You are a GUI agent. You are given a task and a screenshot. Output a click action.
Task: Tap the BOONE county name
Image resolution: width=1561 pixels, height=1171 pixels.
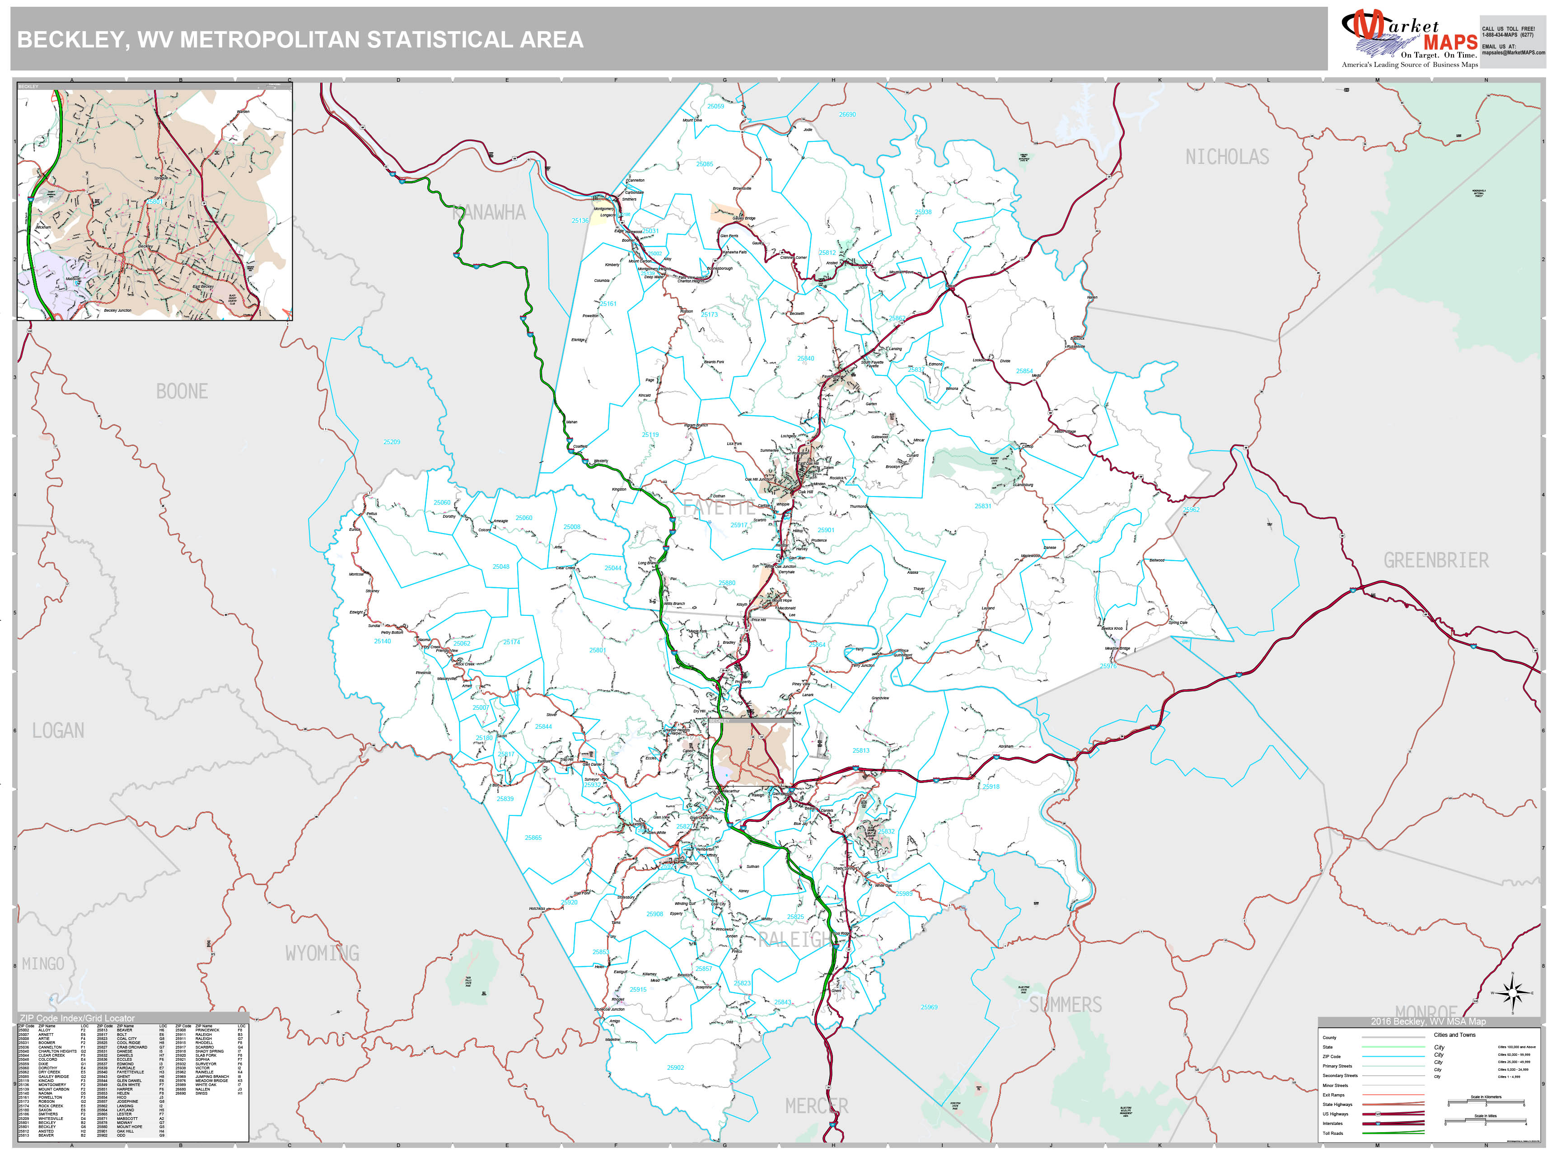182,392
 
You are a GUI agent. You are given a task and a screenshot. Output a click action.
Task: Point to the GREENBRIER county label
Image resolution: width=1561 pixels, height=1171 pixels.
1436,561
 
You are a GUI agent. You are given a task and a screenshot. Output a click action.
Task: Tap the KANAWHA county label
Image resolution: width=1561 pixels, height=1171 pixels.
489,212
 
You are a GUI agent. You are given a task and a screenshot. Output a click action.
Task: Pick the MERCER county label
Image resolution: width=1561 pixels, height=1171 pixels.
817,1106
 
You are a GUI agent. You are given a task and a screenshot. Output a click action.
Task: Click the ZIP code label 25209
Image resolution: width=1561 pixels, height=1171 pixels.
392,442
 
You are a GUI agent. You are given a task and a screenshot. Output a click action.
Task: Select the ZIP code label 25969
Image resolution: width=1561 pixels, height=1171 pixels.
929,1007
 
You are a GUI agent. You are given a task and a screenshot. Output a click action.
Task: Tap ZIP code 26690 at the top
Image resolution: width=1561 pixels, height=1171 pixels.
847,114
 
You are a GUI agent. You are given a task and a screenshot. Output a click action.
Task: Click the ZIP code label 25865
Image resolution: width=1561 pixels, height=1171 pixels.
533,838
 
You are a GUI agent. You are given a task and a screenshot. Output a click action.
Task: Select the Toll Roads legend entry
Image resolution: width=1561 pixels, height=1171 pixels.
1332,1134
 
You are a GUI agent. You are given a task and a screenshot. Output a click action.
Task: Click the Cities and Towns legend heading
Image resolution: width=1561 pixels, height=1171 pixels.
1454,1035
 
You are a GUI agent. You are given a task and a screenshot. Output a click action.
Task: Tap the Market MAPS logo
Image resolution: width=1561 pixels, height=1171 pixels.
1409,39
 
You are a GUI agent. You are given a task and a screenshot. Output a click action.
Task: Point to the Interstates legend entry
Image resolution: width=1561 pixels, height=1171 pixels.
1332,1124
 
